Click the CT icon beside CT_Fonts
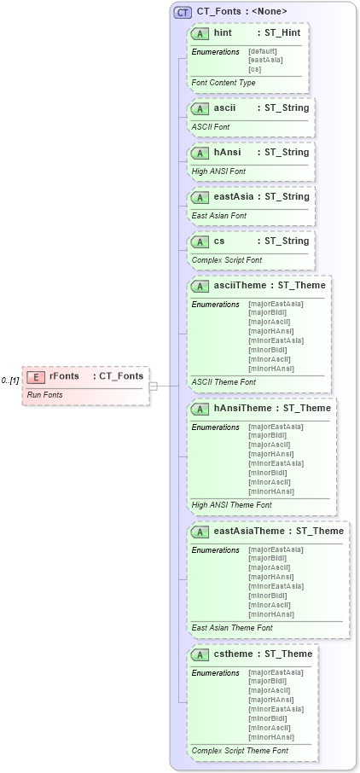pos(182,12)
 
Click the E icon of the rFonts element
pos(36,376)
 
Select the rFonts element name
pos(64,376)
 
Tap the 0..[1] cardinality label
pos(10,380)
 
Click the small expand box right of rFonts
pos(153,386)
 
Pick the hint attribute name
pos(223,33)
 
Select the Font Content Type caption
pos(224,83)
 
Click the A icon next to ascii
pos(200,109)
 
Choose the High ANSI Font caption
pos(218,171)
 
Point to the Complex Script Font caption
pos(227,260)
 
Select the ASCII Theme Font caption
pos(224,382)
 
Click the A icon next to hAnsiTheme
pos(200,409)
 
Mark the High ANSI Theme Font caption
pos(232,505)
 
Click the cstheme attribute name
pos(235,654)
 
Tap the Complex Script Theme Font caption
pos(240,751)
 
